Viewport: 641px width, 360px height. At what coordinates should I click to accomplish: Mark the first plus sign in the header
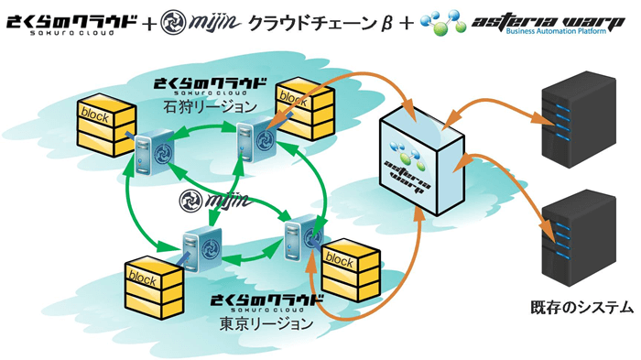coord(149,19)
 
